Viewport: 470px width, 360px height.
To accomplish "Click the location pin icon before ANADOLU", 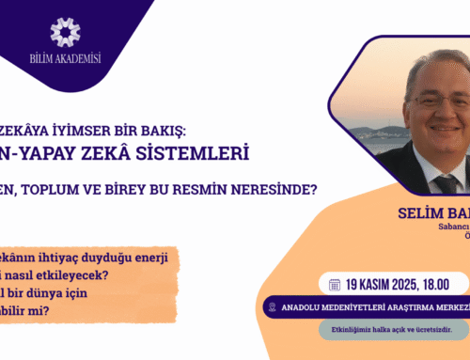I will (x=274, y=306).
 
